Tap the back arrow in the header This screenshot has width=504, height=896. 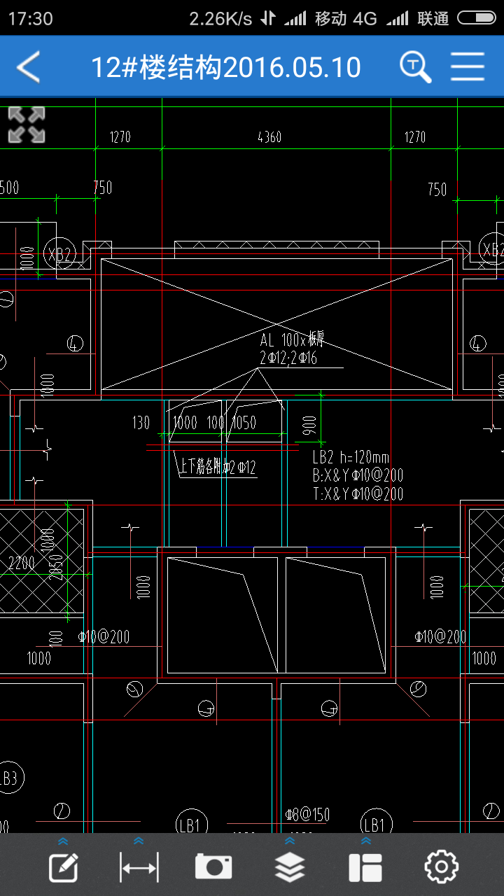[29, 67]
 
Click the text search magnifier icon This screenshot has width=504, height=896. [415, 67]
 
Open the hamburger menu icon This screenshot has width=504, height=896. [468, 67]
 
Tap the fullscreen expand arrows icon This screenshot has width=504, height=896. [27, 125]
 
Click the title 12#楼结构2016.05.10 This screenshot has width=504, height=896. [226, 67]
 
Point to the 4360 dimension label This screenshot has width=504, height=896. [269, 136]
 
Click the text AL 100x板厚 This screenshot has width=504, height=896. [292, 341]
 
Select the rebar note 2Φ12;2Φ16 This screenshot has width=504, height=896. [288, 359]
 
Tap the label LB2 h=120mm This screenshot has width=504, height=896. [351, 458]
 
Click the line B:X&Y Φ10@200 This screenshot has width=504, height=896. [358, 476]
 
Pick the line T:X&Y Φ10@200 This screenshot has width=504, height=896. [358, 494]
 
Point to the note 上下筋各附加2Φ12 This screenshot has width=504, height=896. [218, 468]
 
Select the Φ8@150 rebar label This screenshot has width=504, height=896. [307, 815]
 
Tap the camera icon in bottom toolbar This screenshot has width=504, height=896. [213, 867]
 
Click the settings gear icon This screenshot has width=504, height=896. [441, 867]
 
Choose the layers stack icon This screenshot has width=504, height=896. [290, 867]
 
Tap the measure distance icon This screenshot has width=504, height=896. [139, 867]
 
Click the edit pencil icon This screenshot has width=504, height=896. [63, 867]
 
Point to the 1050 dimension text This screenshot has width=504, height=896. [244, 423]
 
